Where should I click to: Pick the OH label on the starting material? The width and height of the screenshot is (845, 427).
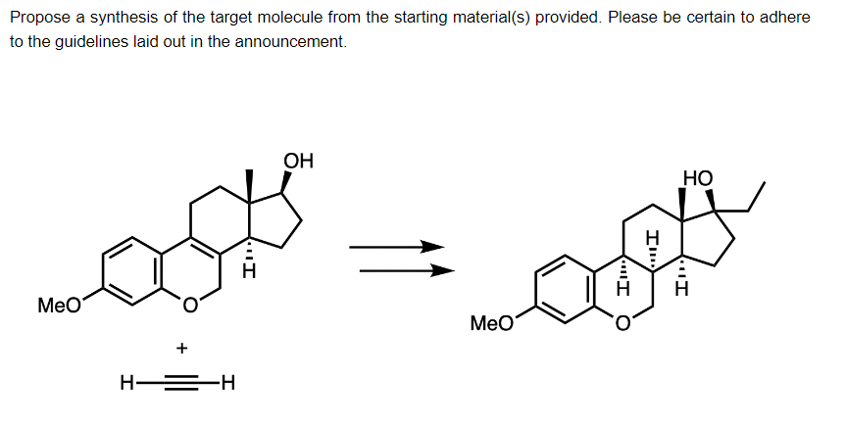(298, 162)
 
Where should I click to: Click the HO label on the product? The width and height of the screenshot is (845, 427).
(697, 179)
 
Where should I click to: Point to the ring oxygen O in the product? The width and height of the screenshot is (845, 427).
(622, 324)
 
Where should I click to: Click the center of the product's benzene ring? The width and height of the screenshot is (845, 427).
(569, 289)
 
